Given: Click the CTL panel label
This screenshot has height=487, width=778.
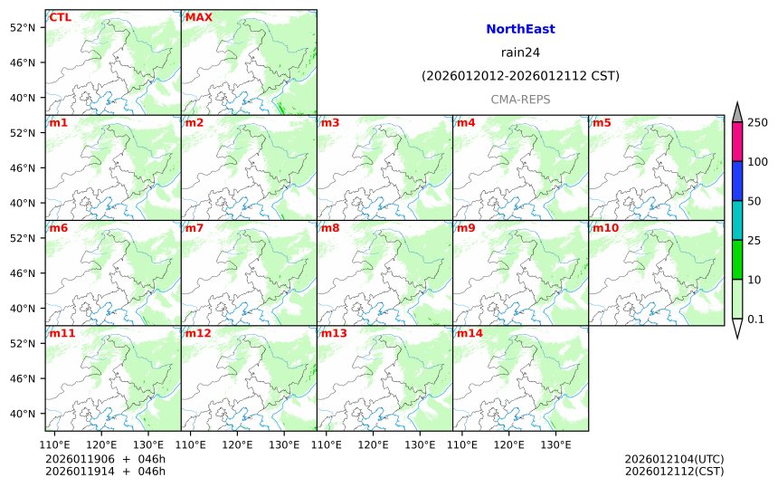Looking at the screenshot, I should point(60,17).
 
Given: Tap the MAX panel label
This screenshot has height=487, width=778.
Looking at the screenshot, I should point(199,17).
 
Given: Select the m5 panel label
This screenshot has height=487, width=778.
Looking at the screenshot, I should point(602,122).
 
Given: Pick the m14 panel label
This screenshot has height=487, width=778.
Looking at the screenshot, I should point(470,333).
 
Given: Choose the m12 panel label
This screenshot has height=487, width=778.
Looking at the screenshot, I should point(198,333).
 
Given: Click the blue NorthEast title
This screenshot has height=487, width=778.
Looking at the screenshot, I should point(520,29).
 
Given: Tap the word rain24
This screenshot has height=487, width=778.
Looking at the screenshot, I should point(520,53).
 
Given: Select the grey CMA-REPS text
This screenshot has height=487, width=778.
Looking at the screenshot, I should point(520,100).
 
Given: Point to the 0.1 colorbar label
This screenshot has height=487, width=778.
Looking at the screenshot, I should point(755,319).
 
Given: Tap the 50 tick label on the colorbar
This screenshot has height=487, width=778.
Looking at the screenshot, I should point(754,201).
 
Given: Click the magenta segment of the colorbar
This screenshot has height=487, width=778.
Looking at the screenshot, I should point(737,142).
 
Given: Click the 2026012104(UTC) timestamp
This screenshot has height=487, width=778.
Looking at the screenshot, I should point(674,459).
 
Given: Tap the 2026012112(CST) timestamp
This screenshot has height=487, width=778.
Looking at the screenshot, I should point(674,471).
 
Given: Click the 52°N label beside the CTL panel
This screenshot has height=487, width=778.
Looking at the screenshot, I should point(21,27).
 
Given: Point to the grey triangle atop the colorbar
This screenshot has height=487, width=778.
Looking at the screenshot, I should point(737,112).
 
